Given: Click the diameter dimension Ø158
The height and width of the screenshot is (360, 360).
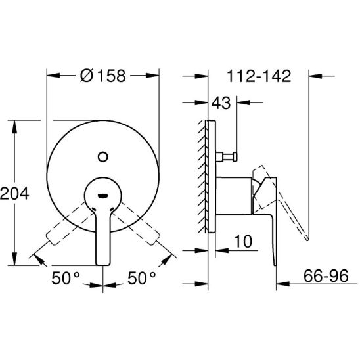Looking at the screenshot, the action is point(103,76).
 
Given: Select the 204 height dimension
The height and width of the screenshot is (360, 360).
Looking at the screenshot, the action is point(14,193).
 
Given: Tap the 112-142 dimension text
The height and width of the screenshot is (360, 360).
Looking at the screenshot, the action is point(259,76).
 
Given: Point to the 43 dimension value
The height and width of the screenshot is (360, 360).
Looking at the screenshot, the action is point(221,103).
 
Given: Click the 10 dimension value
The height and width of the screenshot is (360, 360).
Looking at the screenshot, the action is point(243,241).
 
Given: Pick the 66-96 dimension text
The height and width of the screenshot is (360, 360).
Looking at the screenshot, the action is point(326,276).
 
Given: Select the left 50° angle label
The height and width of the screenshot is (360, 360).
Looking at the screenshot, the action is point(66,278).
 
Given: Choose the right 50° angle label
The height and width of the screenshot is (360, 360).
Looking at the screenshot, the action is point(142,278).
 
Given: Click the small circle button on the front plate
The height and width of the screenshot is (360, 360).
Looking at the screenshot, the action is point(103,157).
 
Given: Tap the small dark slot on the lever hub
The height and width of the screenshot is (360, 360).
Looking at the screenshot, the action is point(102,196).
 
